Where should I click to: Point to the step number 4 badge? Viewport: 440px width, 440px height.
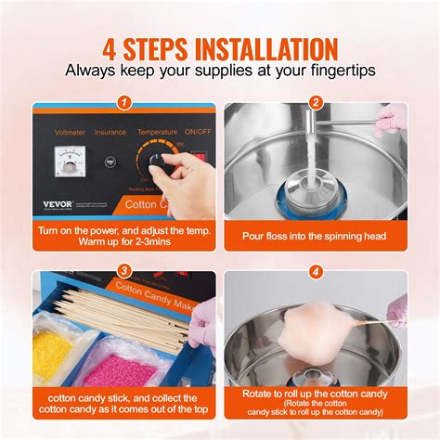coord(317,270)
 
